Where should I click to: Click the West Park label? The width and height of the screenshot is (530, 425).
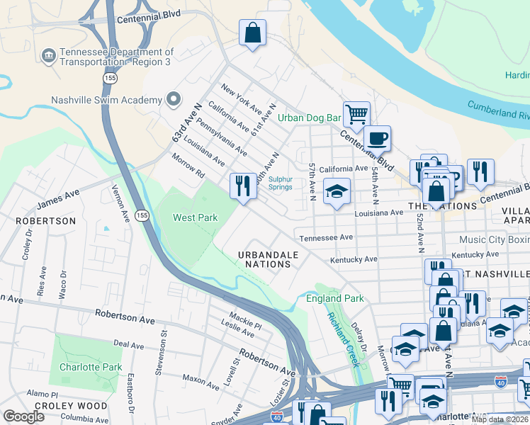196,217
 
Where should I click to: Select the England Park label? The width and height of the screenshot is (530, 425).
334,298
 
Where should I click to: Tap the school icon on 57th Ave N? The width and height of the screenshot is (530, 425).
337,191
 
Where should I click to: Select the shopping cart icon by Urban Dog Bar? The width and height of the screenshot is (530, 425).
356,113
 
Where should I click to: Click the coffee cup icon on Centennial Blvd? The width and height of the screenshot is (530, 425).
377,137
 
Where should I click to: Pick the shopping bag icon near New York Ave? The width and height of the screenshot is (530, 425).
252,33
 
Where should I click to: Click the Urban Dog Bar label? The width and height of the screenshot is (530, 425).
309,118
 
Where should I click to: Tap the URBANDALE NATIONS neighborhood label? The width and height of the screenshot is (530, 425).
264,259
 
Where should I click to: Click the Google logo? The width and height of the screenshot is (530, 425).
24,416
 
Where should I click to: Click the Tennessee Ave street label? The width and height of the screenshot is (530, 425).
326,238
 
